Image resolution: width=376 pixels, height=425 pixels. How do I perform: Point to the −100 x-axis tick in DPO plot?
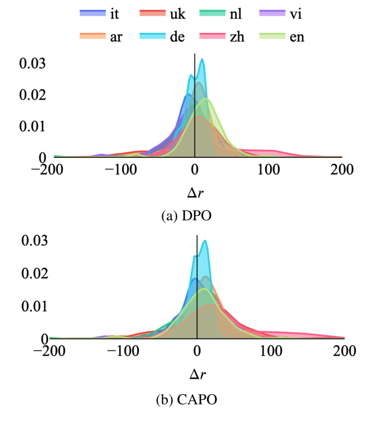coord(117,170)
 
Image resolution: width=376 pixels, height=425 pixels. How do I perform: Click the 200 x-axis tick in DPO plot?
coord(341,170)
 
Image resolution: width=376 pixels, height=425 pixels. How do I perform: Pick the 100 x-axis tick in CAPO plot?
coord(271,352)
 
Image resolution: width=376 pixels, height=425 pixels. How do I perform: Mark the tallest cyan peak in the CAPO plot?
coord(205,241)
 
